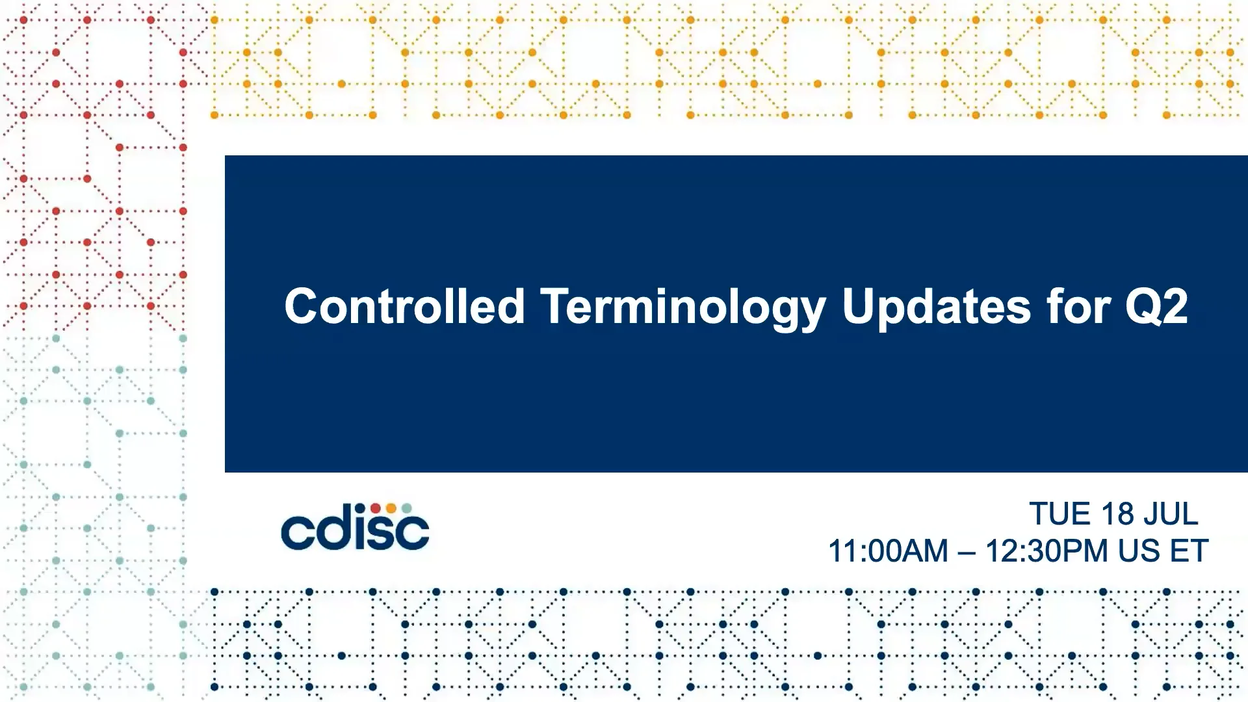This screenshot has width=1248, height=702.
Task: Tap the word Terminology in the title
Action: pos(683,309)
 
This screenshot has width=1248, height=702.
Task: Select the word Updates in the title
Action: pos(936,309)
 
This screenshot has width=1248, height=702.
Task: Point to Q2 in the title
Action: pos(1156,306)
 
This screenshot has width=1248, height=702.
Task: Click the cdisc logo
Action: pos(355,526)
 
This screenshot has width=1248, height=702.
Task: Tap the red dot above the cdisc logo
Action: pos(376,508)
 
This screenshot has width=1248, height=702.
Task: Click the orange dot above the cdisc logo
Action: pos(391,508)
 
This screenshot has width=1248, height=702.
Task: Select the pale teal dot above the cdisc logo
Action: pos(406,508)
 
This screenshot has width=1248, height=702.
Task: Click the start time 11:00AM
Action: pos(888,551)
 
